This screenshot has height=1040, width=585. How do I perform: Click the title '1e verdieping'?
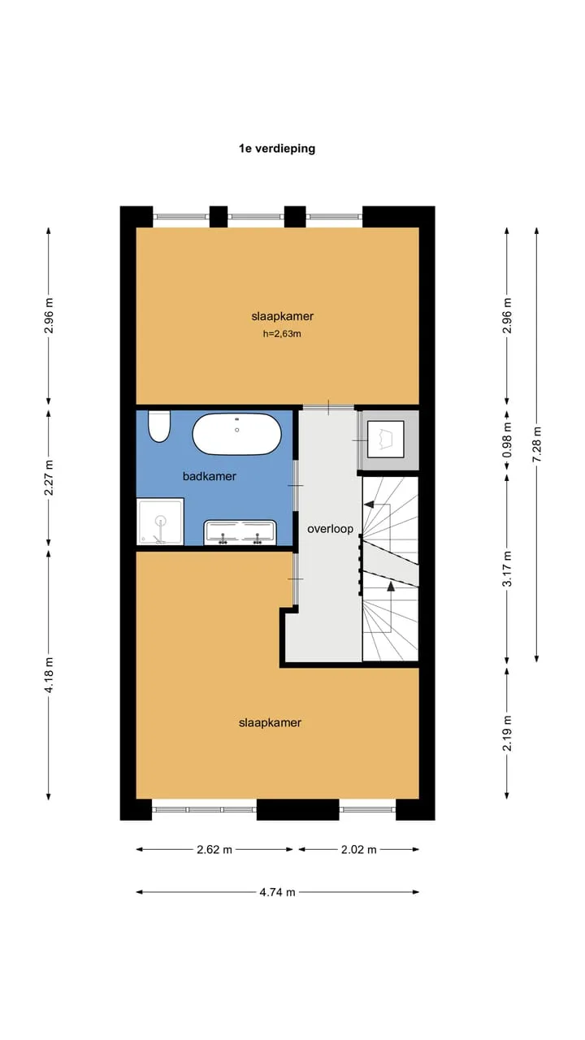(277, 149)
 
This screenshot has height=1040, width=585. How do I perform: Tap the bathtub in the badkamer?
(236, 434)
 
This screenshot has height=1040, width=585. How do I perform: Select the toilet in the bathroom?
(159, 427)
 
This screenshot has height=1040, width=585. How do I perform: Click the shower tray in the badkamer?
(160, 522)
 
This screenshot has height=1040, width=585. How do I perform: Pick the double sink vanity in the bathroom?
(240, 532)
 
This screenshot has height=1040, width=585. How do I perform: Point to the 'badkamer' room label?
(210, 476)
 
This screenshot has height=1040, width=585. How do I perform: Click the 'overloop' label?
(330, 529)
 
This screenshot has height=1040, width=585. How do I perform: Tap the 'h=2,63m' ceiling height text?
(282, 334)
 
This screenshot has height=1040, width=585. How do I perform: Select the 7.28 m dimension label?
(537, 444)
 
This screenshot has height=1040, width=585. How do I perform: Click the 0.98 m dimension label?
(507, 440)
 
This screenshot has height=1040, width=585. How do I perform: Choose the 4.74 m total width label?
(277, 892)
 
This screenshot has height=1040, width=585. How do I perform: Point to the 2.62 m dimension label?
(214, 850)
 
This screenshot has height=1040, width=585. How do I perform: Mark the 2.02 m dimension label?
(359, 850)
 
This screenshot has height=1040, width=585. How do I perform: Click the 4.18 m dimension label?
(49, 674)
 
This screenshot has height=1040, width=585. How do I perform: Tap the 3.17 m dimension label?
(507, 569)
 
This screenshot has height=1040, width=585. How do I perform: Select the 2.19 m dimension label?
(507, 733)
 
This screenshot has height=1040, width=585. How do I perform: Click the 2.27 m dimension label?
(49, 478)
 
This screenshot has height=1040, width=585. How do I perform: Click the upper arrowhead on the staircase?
(369, 505)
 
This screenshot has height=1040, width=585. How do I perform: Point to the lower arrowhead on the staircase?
(391, 586)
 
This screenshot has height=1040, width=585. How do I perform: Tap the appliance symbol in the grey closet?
(385, 440)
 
